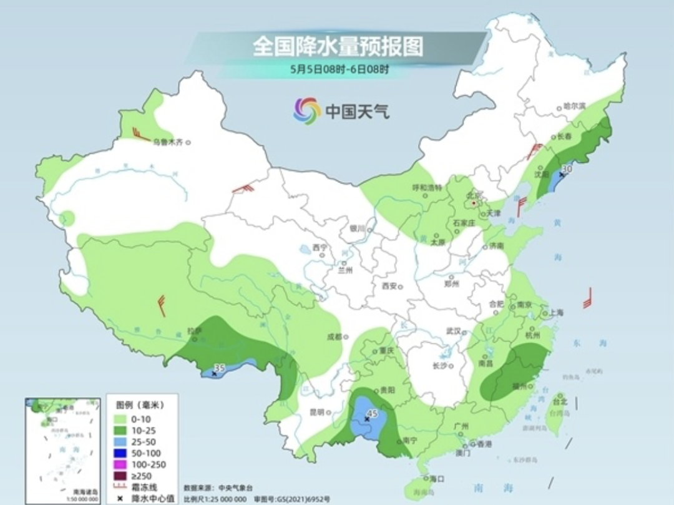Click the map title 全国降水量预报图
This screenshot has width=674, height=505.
click(338, 46)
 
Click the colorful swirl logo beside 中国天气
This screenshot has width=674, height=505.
click(307, 110)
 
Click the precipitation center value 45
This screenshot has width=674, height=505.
click(373, 414)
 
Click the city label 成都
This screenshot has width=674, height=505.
click(335, 336)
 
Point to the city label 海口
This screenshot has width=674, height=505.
click(437, 479)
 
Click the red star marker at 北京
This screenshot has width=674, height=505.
click(474, 203)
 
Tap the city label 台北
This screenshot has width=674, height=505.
click(560, 403)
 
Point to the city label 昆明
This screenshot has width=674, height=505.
click(316, 413)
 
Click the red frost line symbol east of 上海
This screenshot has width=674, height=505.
click(587, 299)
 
